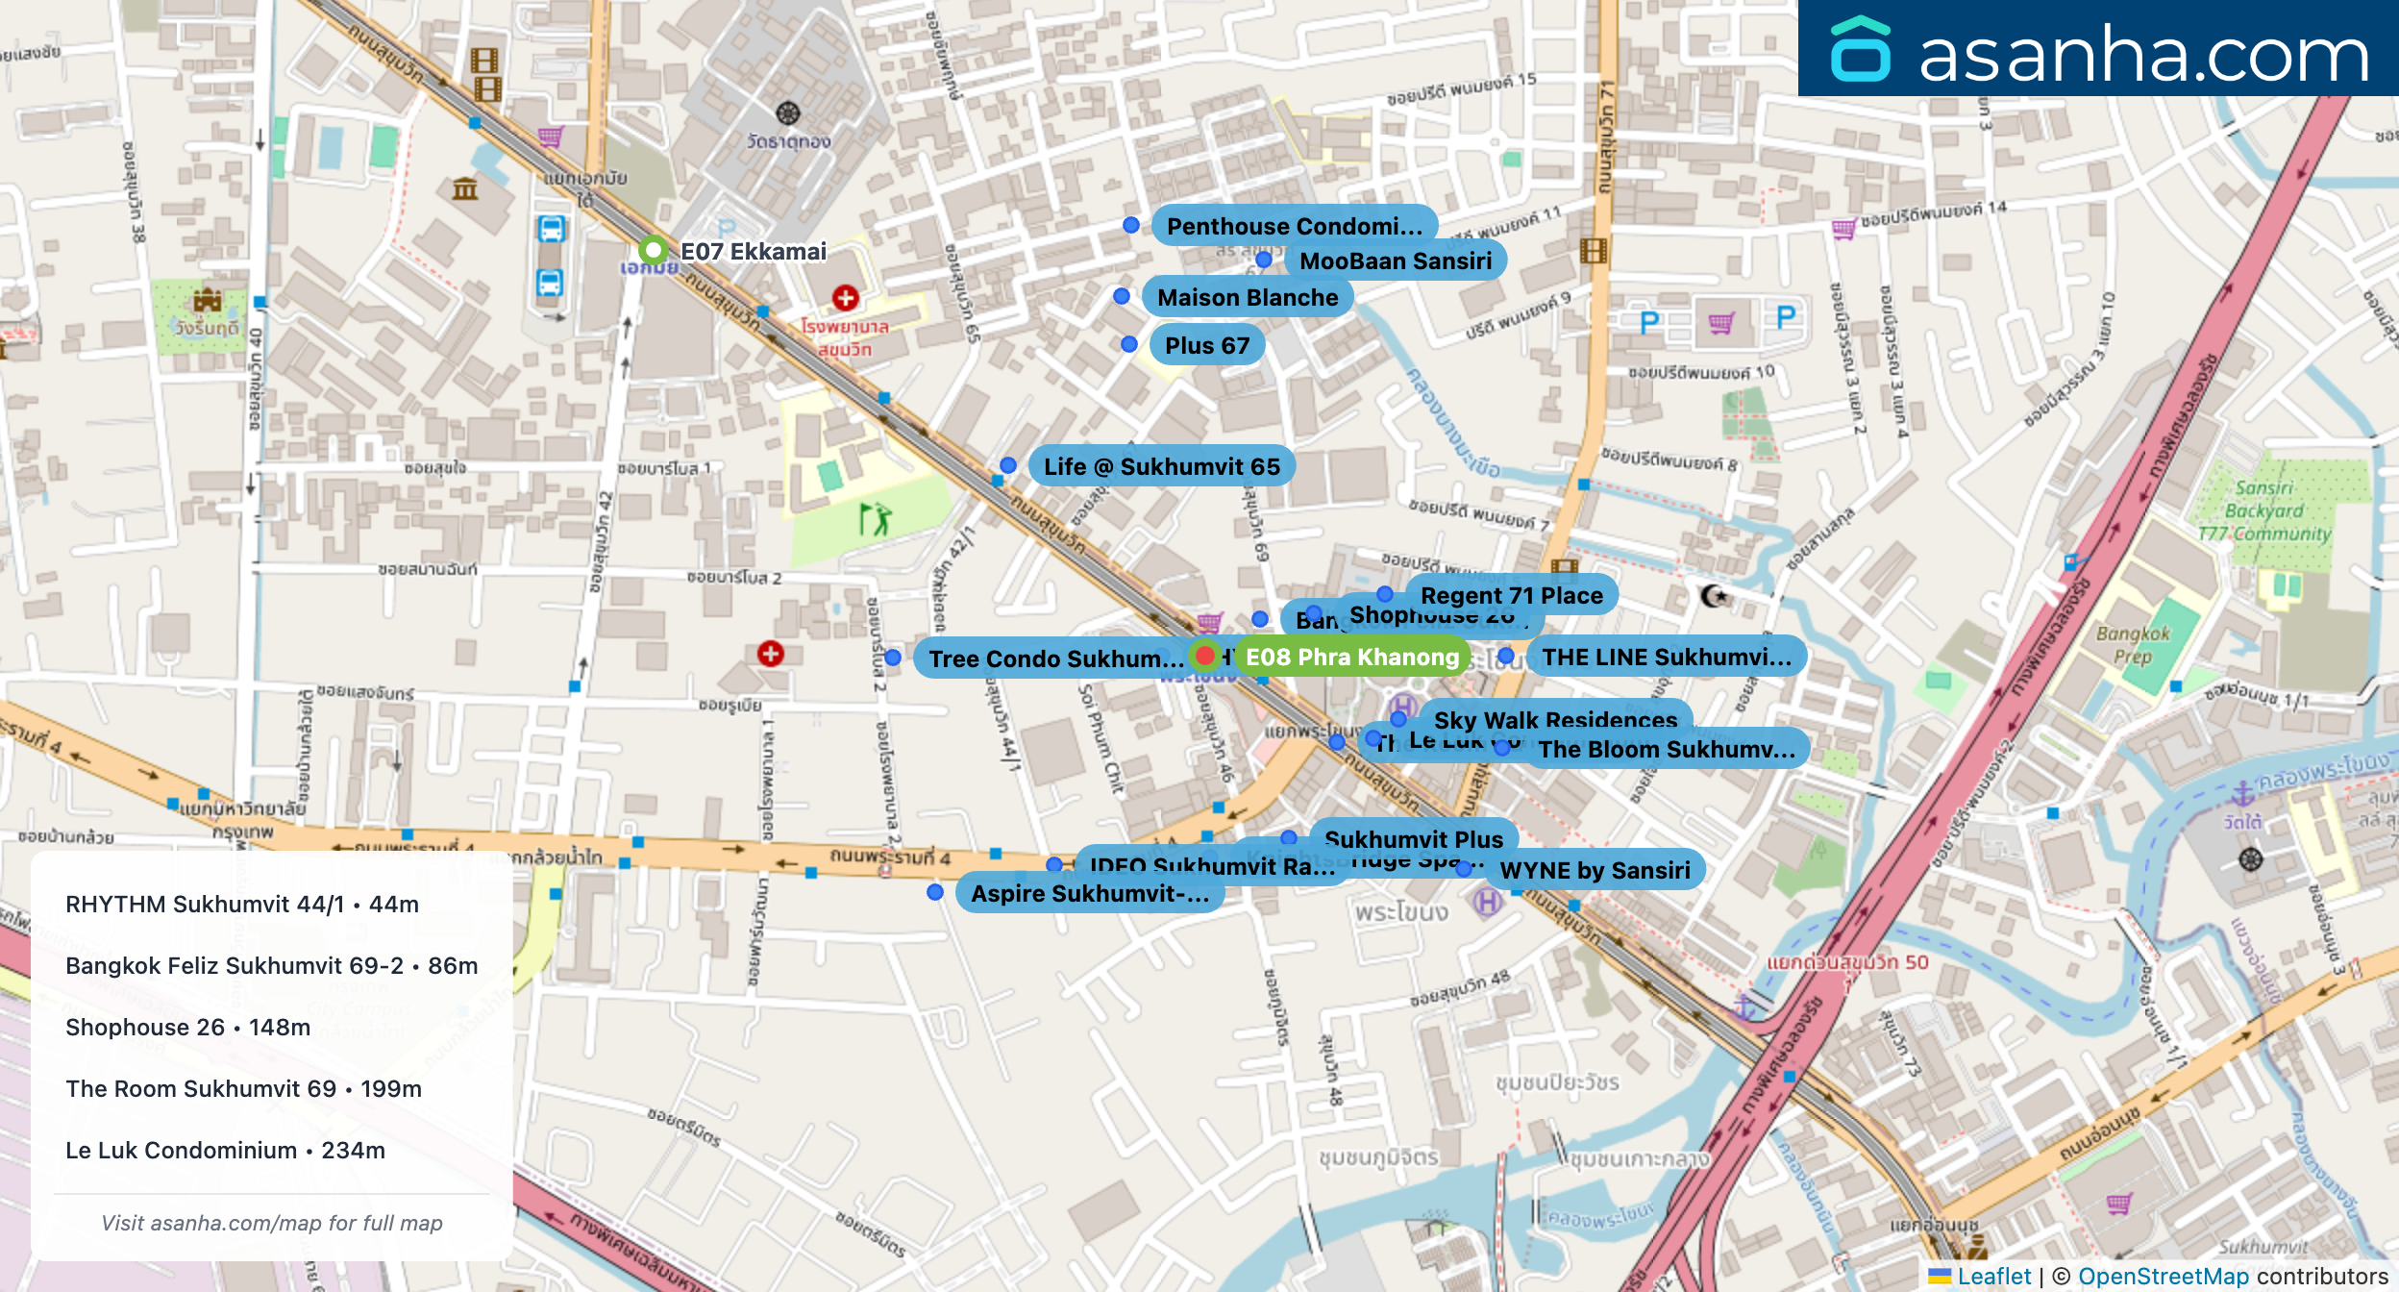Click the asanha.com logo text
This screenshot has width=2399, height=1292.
click(2142, 55)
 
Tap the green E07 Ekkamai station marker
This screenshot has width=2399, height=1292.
click(654, 251)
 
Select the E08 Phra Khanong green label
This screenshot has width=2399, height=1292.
click(1351, 658)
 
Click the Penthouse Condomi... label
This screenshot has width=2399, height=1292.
click(1294, 227)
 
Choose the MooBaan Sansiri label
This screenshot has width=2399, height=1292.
click(1395, 261)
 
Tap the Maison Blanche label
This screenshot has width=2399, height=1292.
click(1247, 298)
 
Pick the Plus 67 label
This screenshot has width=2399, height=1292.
click(1206, 346)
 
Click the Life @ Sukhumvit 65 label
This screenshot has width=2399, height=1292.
click(1161, 467)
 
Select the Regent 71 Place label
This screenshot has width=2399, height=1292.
click(1511, 595)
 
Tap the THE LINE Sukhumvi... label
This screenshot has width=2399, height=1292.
click(1666, 658)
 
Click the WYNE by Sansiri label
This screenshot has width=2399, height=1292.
click(1594, 871)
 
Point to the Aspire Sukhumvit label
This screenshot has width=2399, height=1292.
click(1089, 894)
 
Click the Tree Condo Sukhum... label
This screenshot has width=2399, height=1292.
click(1055, 659)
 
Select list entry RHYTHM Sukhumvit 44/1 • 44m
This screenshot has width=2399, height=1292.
click(242, 905)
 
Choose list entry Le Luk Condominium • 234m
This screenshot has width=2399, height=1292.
click(225, 1151)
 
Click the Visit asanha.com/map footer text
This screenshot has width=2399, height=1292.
click(272, 1224)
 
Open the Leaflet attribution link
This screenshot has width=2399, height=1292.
click(1993, 1277)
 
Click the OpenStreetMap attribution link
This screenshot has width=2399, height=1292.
click(2163, 1277)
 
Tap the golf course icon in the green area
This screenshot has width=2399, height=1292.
click(875, 519)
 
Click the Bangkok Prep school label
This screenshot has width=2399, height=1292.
click(2133, 645)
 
